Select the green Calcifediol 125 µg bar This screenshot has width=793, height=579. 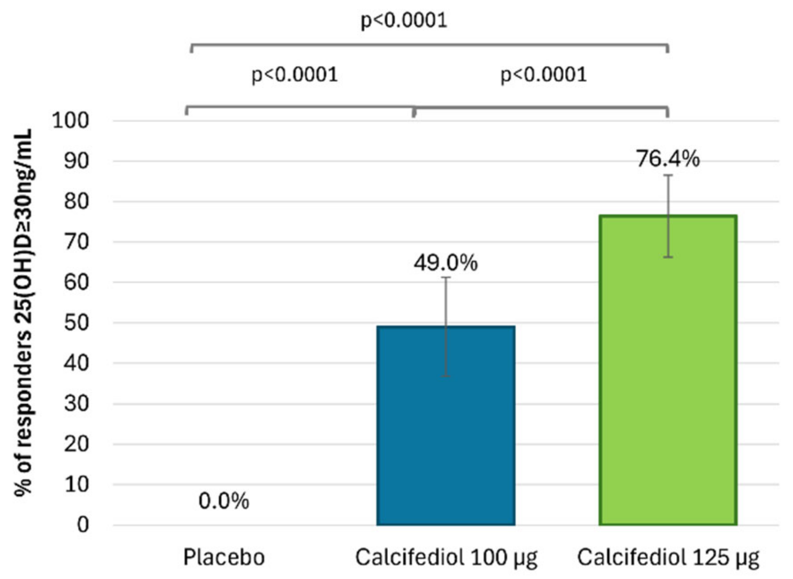pyautogui.click(x=668, y=381)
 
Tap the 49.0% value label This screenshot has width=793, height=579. pyautogui.click(x=446, y=263)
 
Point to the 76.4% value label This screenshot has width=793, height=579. pyautogui.click(x=668, y=159)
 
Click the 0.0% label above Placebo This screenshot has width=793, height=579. pyautogui.click(x=224, y=501)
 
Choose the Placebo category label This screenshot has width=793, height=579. pyautogui.click(x=224, y=557)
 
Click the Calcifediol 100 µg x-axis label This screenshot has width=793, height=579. pyautogui.click(x=446, y=557)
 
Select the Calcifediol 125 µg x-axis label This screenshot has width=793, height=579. pyautogui.click(x=668, y=557)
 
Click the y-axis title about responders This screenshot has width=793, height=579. pyautogui.click(x=23, y=312)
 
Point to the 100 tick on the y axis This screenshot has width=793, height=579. pyautogui.click(x=71, y=120)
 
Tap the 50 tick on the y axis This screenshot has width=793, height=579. pyautogui.click(x=76, y=323)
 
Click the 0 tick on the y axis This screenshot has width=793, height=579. pyautogui.click(x=83, y=525)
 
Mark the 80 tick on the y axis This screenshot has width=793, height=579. pyautogui.click(x=76, y=201)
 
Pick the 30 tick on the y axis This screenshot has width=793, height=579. pyautogui.click(x=76, y=404)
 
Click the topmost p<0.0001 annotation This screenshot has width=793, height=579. pyautogui.click(x=404, y=20)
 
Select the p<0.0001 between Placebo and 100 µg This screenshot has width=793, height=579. pyautogui.click(x=295, y=75)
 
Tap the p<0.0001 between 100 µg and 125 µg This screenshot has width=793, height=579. pyautogui.click(x=543, y=75)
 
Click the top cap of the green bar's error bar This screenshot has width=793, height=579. pyautogui.click(x=668, y=175)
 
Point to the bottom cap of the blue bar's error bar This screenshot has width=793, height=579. pyautogui.click(x=446, y=376)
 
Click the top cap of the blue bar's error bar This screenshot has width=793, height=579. pyautogui.click(x=446, y=278)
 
